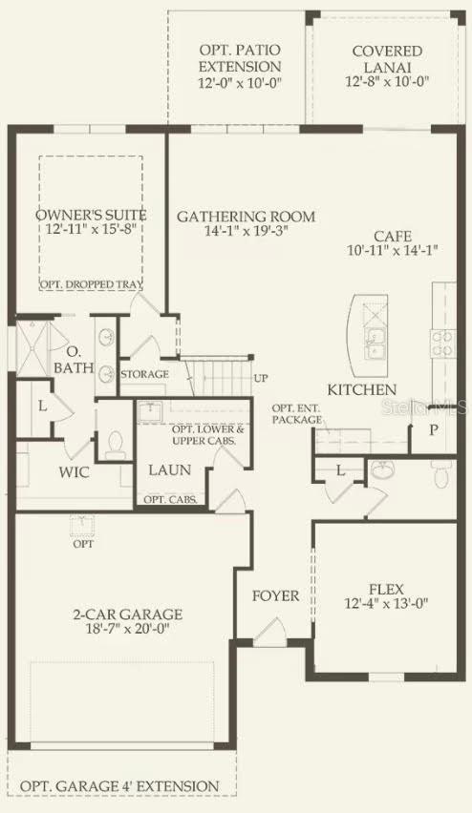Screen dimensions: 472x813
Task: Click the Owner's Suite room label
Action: click(x=91, y=215)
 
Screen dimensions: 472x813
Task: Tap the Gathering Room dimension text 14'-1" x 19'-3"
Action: click(x=247, y=230)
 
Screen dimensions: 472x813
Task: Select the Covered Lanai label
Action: click(x=387, y=59)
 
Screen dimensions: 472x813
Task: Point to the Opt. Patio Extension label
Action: click(x=240, y=58)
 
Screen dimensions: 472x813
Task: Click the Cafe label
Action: click(x=393, y=237)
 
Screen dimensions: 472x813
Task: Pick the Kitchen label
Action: click(x=361, y=390)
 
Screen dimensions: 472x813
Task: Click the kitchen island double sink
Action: click(x=375, y=344)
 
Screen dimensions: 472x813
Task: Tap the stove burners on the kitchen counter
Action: click(x=443, y=344)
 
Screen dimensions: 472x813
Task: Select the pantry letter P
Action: click(x=434, y=429)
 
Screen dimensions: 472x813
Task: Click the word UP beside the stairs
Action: click(x=261, y=378)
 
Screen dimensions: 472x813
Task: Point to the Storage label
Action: click(x=145, y=374)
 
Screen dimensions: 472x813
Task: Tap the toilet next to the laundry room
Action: click(x=115, y=445)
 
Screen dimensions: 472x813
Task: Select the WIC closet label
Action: click(x=74, y=472)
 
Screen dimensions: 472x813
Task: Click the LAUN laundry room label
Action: click(x=170, y=470)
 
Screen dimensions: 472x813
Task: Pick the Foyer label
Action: click(x=276, y=596)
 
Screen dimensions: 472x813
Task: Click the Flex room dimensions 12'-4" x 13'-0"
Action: click(x=386, y=604)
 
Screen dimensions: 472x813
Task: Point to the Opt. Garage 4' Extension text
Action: click(x=119, y=786)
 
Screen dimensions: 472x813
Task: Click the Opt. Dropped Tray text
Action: click(x=92, y=284)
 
